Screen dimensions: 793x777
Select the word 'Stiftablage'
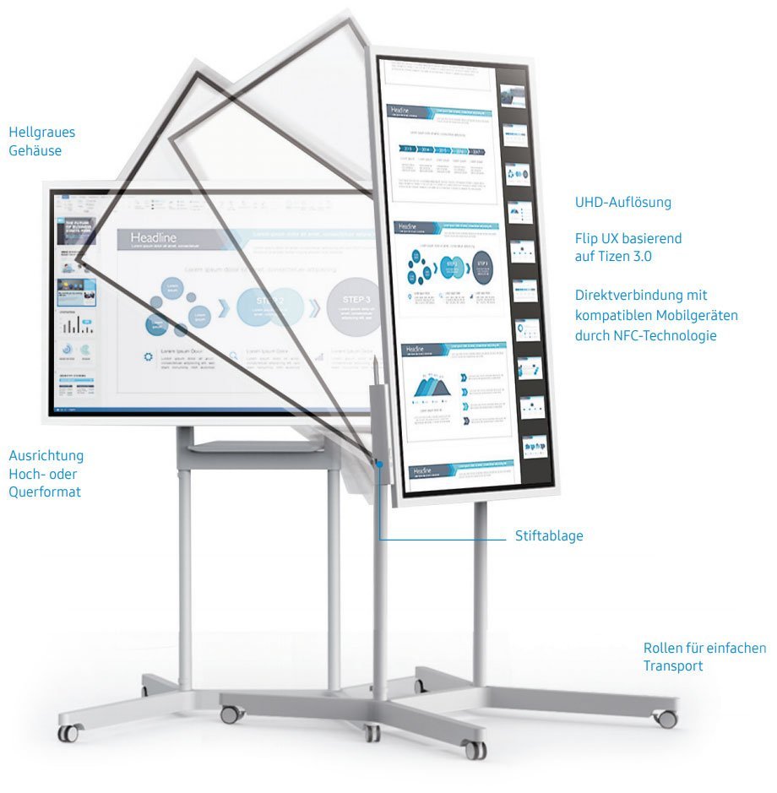[549, 535]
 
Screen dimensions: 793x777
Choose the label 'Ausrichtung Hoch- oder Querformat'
[46, 473]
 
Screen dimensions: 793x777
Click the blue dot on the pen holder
[381, 464]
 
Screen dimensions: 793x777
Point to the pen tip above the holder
[372, 361]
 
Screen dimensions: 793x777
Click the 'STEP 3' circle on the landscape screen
[351, 306]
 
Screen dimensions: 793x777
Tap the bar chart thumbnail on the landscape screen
[77, 324]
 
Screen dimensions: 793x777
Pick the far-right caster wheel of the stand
[666, 719]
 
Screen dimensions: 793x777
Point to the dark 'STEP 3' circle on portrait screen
[481, 264]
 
